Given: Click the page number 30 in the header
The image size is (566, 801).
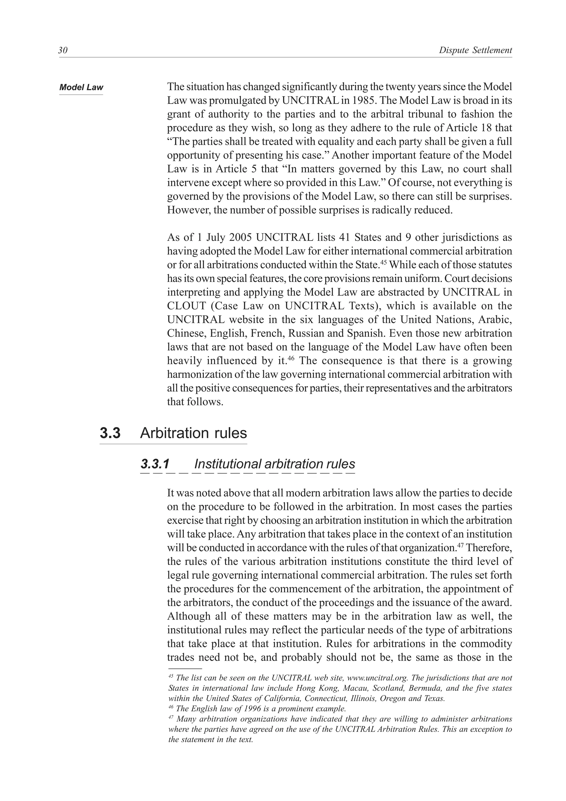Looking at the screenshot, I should (x=63, y=51).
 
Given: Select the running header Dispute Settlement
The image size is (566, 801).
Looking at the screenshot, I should (x=475, y=51).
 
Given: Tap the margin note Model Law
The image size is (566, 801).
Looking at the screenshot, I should (x=81, y=87).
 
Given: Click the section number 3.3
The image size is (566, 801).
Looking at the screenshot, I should (x=110, y=433).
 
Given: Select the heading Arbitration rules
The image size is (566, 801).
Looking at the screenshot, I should (x=193, y=433).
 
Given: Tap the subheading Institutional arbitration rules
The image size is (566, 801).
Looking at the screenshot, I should (x=274, y=464).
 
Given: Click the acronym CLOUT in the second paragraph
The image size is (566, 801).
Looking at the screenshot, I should (x=186, y=306).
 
